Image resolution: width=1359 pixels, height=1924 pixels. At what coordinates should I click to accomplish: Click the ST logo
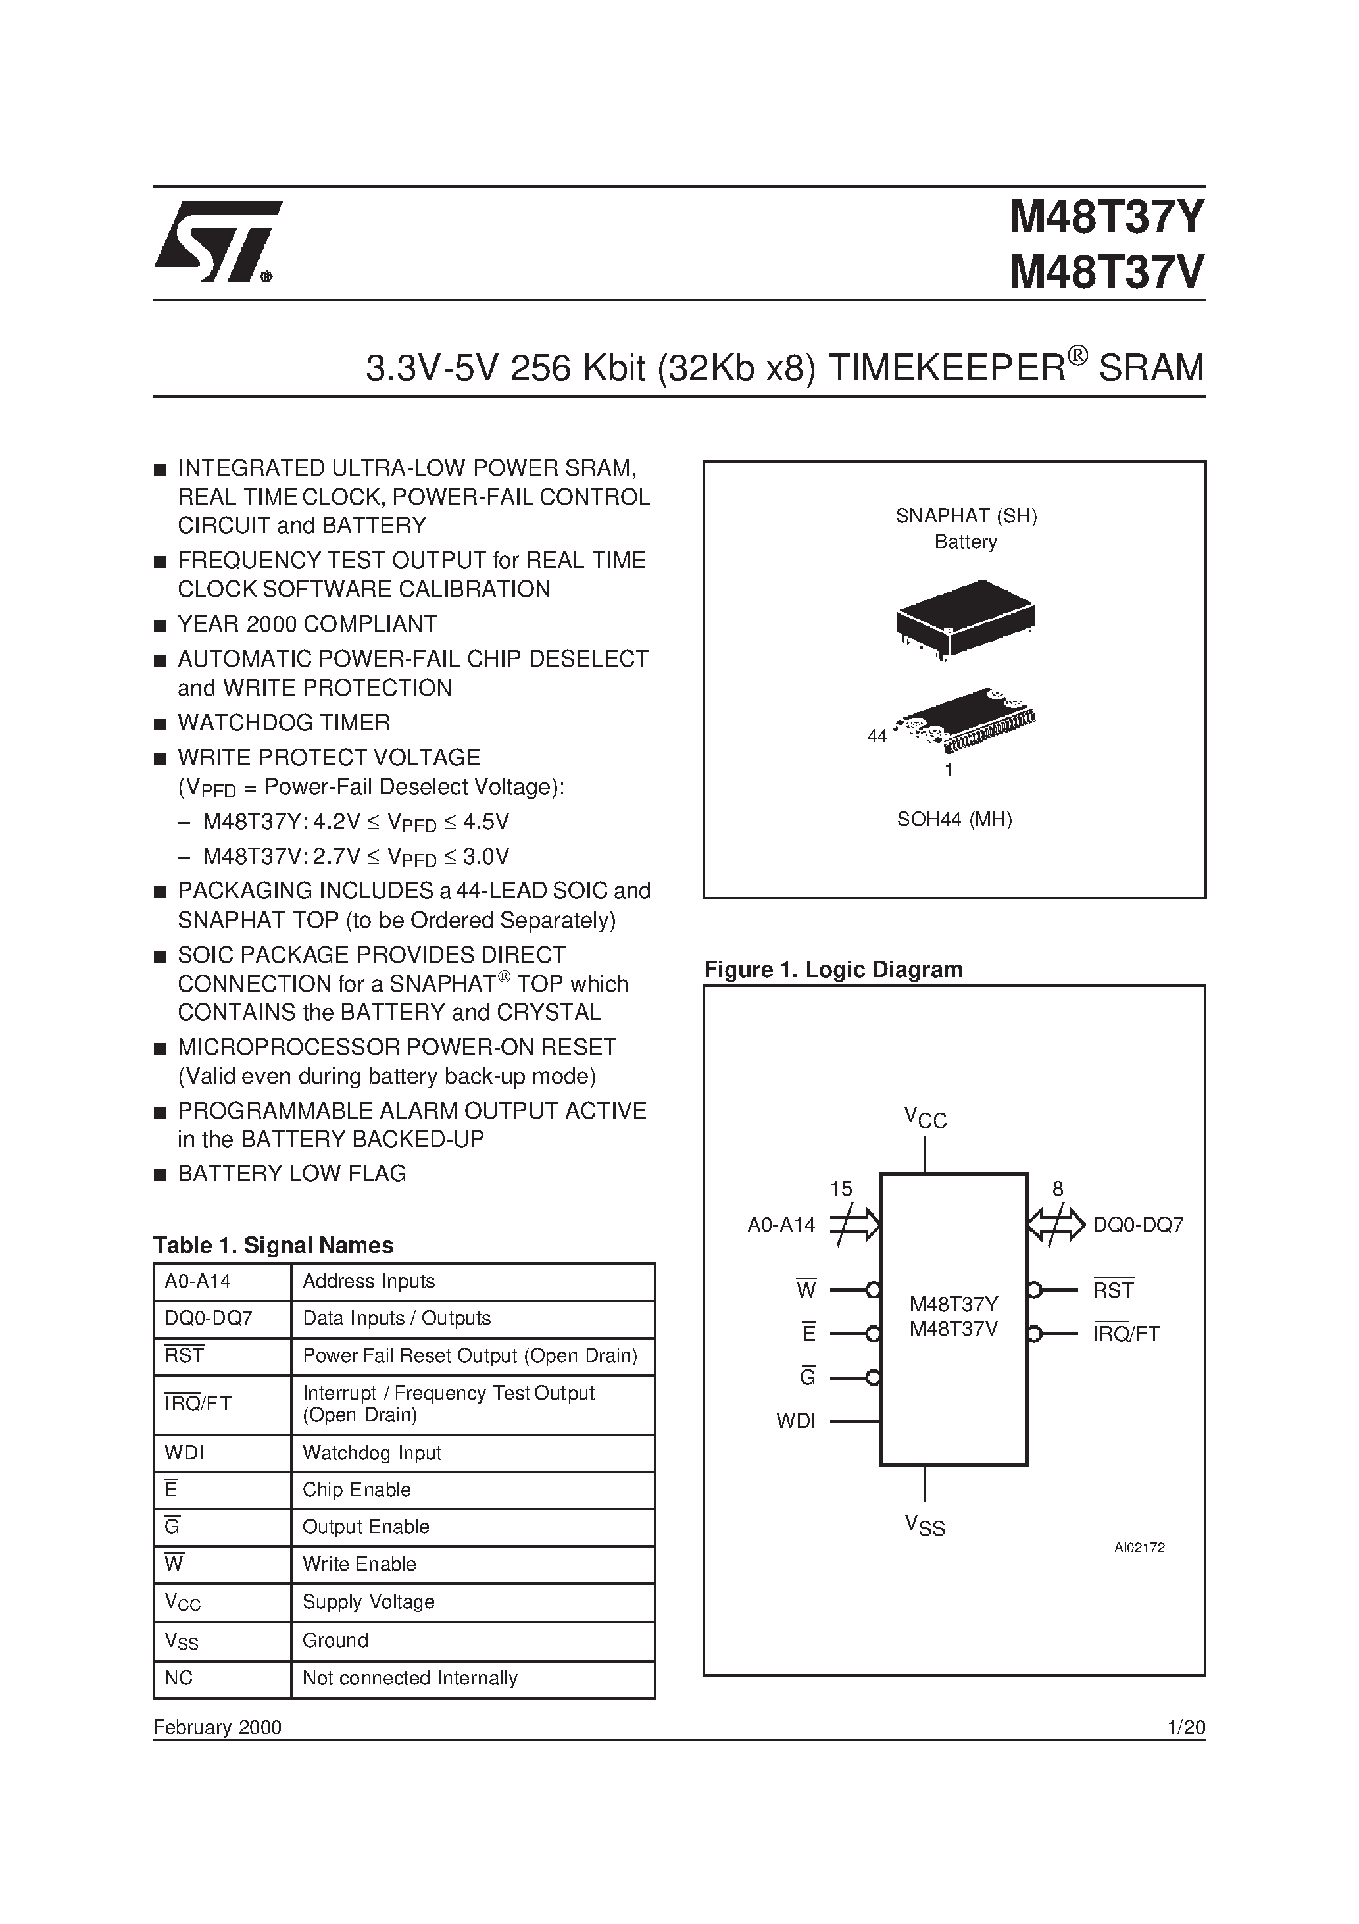point(216,242)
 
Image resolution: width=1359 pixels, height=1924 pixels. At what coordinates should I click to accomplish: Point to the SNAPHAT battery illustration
point(965,619)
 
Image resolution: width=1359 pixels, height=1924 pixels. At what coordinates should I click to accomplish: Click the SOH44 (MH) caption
point(954,820)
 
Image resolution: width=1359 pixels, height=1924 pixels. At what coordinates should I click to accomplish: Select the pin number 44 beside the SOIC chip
point(876,736)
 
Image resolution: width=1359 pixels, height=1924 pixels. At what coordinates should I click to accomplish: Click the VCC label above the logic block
point(925,1118)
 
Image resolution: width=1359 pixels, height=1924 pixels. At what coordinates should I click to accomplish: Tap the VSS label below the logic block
point(925,1526)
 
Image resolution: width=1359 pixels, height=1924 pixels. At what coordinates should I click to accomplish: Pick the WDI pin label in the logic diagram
point(795,1421)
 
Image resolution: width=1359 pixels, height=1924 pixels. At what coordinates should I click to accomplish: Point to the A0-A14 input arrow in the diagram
point(854,1225)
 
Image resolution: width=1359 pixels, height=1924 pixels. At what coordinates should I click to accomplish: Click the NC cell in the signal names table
point(180,1678)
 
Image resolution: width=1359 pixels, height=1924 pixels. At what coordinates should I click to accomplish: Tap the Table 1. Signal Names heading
point(273,1245)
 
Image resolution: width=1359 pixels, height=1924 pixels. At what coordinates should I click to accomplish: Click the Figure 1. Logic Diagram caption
point(833,969)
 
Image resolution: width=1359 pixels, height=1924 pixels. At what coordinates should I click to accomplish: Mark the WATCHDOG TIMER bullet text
point(284,722)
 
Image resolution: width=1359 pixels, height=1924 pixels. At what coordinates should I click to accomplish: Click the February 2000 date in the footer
point(217,1727)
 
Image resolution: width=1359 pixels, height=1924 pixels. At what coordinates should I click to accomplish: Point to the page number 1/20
point(1185,1727)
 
